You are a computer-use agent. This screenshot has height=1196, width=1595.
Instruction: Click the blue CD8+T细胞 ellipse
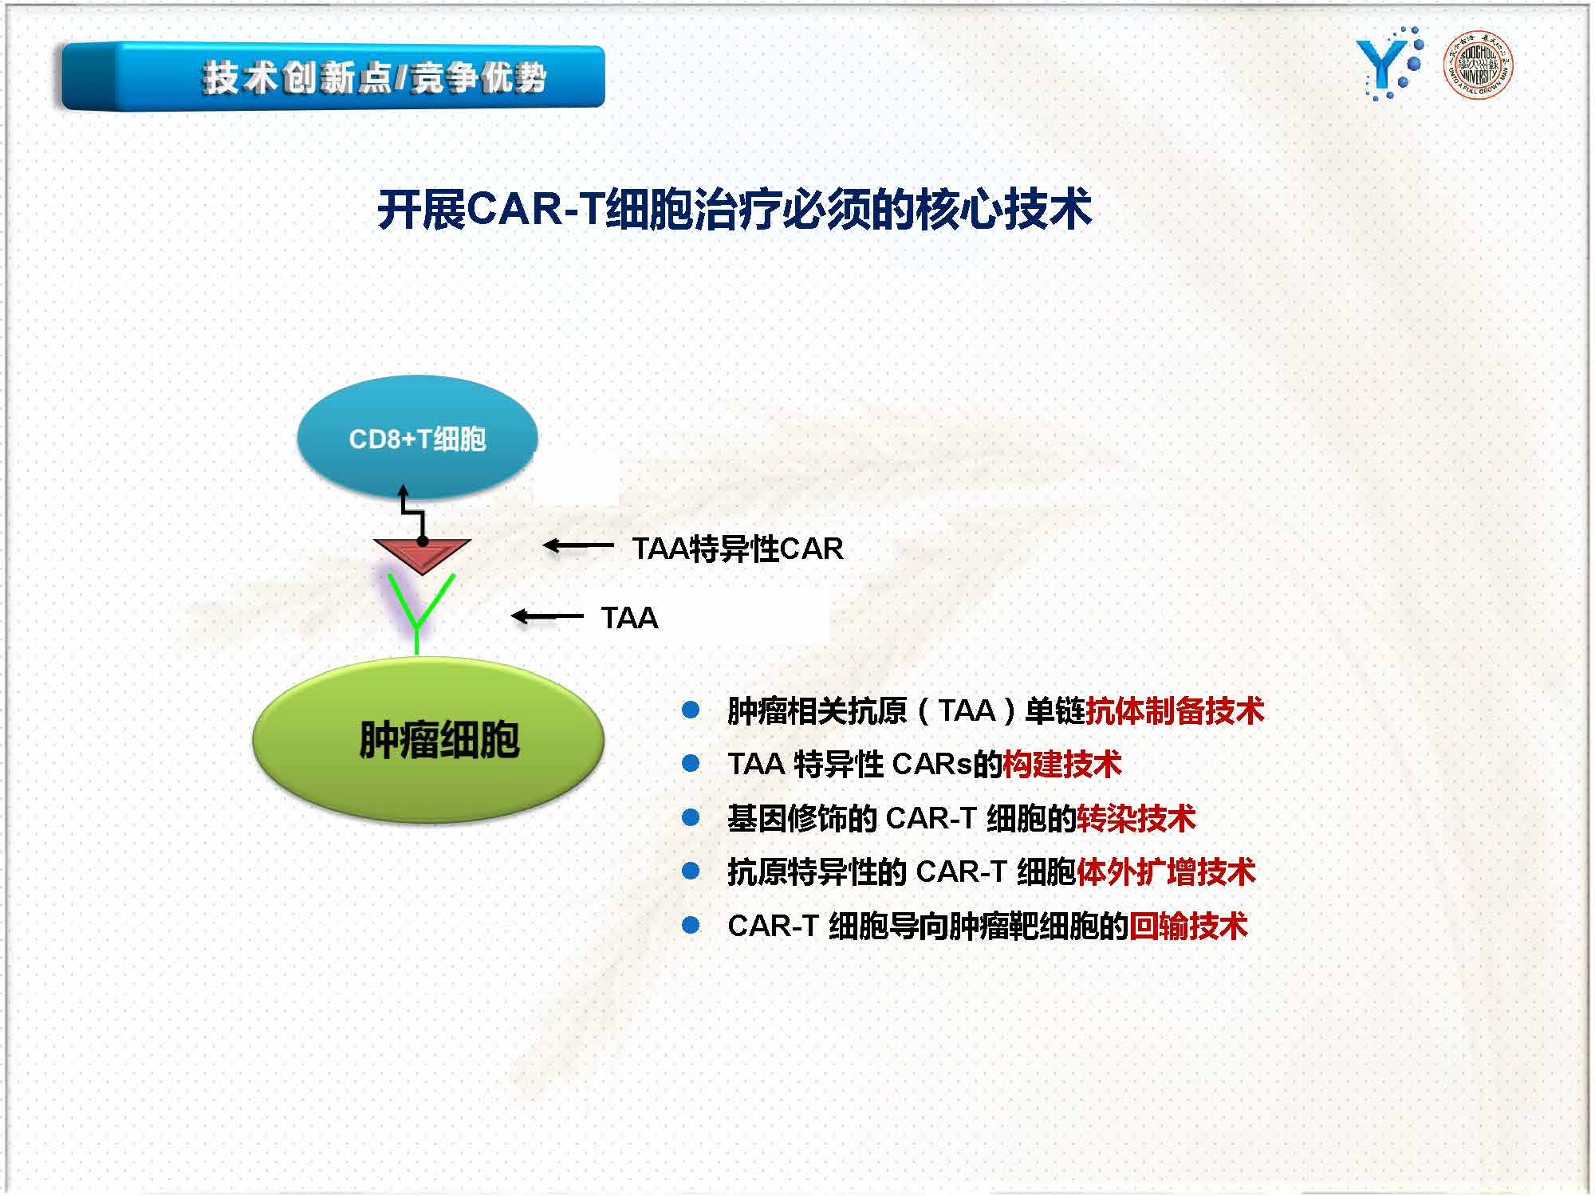tap(417, 437)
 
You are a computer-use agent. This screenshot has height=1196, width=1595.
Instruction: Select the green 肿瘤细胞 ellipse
tap(428, 740)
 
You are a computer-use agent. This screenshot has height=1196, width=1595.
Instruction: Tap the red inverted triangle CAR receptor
tap(422, 554)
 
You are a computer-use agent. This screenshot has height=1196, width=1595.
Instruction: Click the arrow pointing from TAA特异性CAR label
tap(578, 545)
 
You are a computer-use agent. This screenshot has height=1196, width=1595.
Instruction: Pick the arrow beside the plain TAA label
tap(547, 616)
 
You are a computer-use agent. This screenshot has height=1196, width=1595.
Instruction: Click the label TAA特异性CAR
tap(738, 549)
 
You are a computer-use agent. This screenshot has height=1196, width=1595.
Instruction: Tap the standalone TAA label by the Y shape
tap(629, 618)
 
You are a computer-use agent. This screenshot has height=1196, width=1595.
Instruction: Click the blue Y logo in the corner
tap(1389, 64)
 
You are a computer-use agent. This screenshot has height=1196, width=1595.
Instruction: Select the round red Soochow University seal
tap(1478, 64)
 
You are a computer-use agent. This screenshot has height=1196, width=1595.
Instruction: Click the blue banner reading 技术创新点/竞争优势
tap(333, 77)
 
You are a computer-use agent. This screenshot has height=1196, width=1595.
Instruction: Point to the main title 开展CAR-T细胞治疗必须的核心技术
tap(734, 210)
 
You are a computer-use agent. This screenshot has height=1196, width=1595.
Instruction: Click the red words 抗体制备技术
tap(1175, 710)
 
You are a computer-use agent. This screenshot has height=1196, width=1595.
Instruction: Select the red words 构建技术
tap(1062, 764)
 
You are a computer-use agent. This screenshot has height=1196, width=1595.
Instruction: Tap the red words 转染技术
tap(1136, 818)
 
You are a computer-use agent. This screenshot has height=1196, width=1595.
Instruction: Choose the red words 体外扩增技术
tap(1166, 871)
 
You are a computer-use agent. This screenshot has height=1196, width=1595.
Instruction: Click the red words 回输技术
tap(1188, 926)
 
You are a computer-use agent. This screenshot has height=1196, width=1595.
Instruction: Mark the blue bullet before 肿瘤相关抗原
tap(691, 710)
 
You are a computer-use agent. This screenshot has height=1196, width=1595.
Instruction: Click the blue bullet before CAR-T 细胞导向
tap(691, 925)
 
